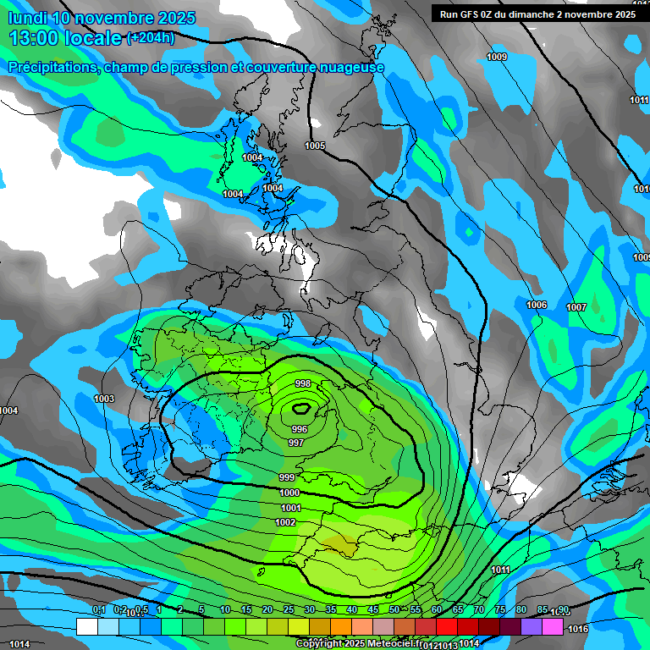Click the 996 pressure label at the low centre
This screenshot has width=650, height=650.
(x=300, y=429)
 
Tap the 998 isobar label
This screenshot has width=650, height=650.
(x=303, y=383)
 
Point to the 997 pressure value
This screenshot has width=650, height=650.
(x=296, y=443)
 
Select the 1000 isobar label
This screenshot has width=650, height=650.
(x=289, y=493)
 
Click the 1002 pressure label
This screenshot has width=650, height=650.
(x=285, y=522)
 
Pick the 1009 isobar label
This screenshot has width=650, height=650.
(x=498, y=57)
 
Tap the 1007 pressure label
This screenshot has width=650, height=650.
(x=576, y=306)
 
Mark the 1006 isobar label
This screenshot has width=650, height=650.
(x=537, y=305)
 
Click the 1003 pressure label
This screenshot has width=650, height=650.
(x=104, y=399)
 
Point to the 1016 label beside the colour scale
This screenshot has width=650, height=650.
(x=578, y=629)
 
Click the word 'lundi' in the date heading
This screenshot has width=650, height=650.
(x=27, y=18)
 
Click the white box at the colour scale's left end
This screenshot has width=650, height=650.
(x=86, y=626)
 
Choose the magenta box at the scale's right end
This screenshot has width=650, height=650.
(x=553, y=626)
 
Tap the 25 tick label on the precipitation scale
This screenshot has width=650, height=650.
(x=289, y=609)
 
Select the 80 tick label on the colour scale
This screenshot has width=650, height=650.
(x=521, y=609)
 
